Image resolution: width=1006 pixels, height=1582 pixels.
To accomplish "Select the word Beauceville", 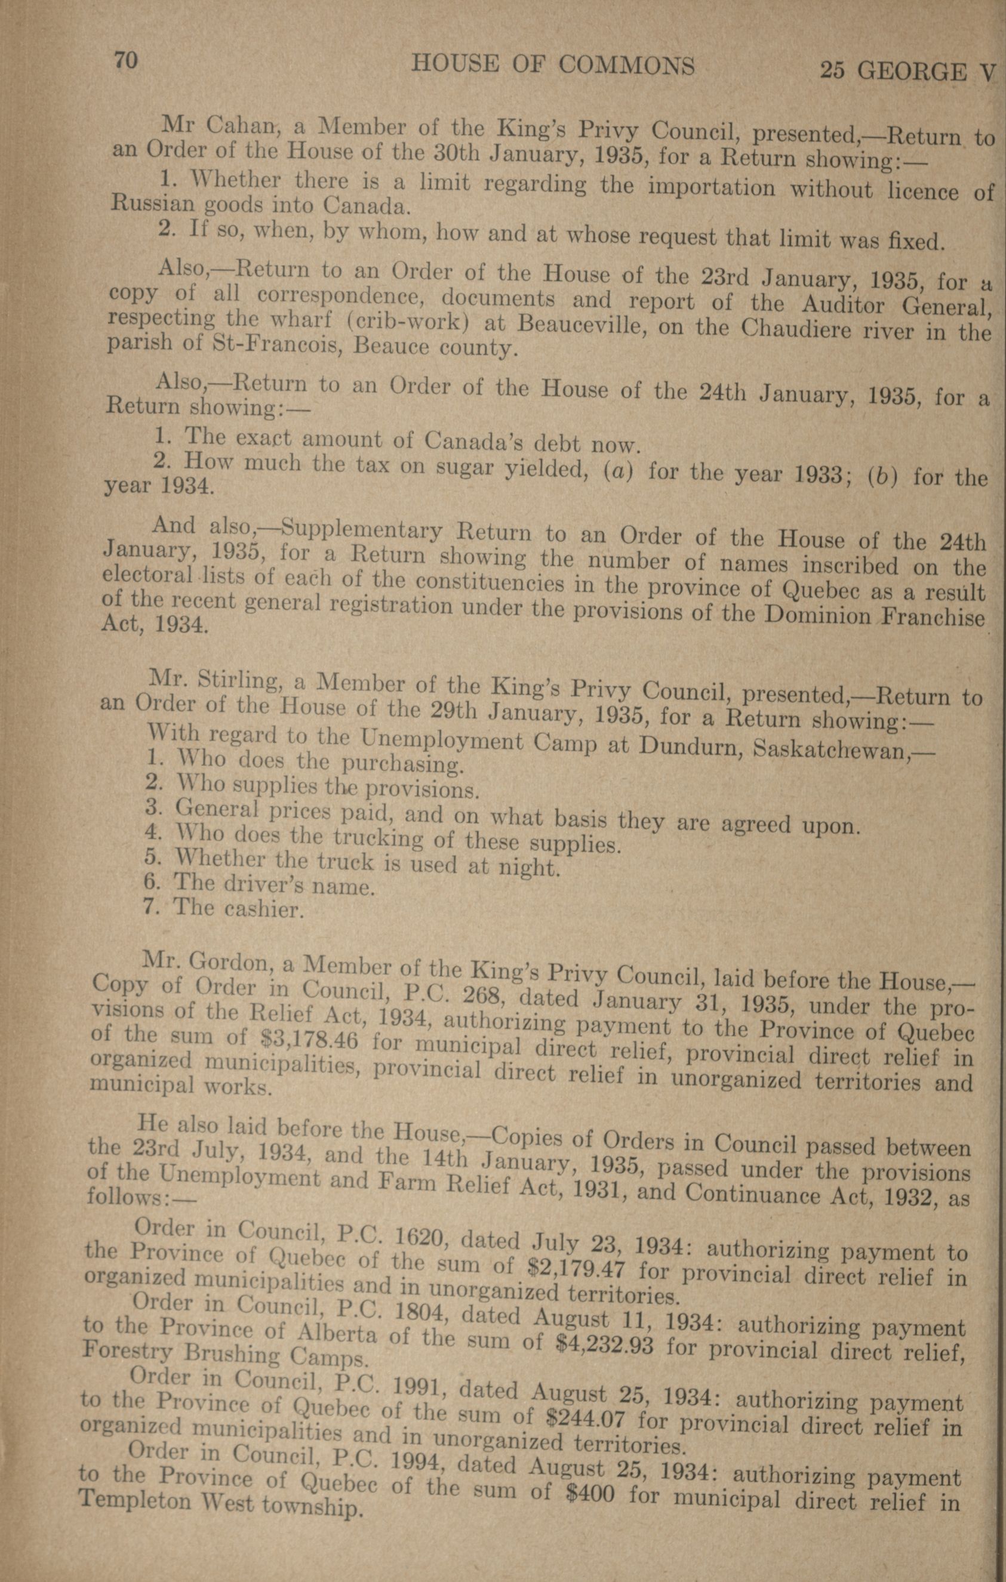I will pos(579,325).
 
